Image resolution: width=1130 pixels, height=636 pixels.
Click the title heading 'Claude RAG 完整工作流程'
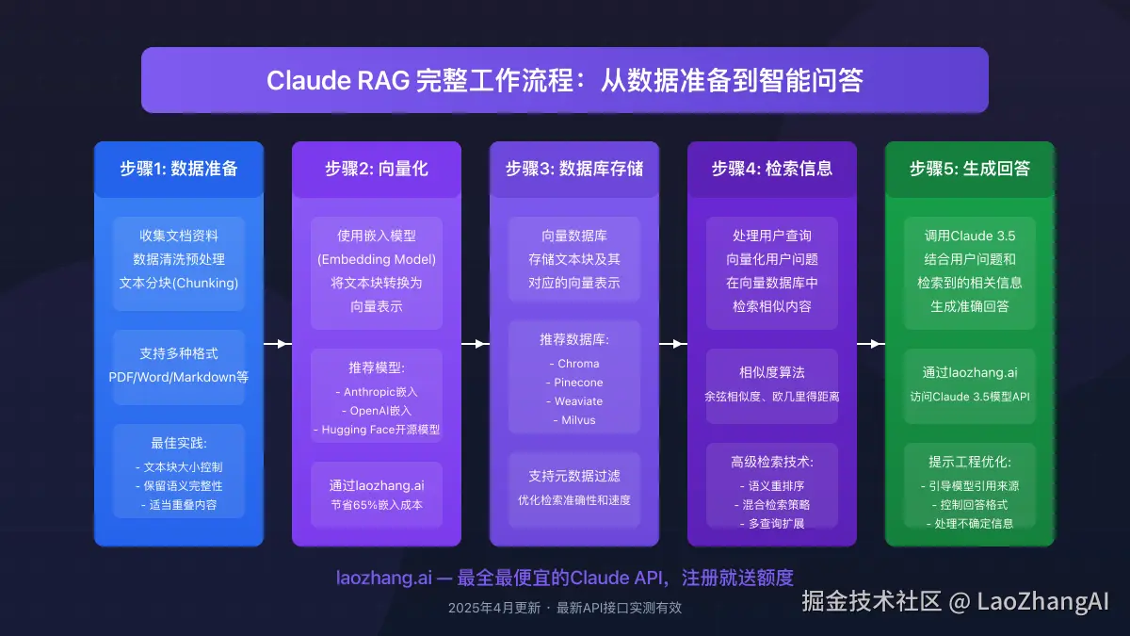(564, 80)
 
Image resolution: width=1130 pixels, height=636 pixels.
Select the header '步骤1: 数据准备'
(179, 169)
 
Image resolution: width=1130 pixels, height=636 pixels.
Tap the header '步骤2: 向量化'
(377, 169)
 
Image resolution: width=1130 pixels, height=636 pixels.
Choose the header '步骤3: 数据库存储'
(574, 169)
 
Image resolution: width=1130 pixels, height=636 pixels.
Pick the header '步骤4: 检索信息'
(772, 169)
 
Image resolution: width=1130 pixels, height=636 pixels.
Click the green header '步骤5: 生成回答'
(970, 169)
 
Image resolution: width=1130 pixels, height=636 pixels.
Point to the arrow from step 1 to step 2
(278, 344)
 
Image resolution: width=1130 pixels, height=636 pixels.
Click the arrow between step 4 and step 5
(871, 344)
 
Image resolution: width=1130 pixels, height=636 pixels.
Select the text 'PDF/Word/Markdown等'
(179, 377)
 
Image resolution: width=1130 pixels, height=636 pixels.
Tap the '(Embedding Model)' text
(377, 259)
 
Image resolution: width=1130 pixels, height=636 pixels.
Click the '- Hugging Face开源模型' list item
(377, 430)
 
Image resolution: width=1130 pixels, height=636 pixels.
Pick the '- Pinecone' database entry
(574, 383)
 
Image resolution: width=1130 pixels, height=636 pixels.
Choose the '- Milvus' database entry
(574, 420)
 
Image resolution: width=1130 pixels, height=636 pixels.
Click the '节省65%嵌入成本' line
(377, 504)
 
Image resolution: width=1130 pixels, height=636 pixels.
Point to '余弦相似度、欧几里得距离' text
(772, 397)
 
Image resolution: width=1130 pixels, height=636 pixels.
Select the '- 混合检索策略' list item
(772, 504)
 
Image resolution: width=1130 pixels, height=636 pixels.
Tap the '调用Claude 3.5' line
(970, 236)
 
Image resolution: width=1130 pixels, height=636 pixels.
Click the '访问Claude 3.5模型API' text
(970, 397)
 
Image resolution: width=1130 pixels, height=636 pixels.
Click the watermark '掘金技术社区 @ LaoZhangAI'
(955, 601)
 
